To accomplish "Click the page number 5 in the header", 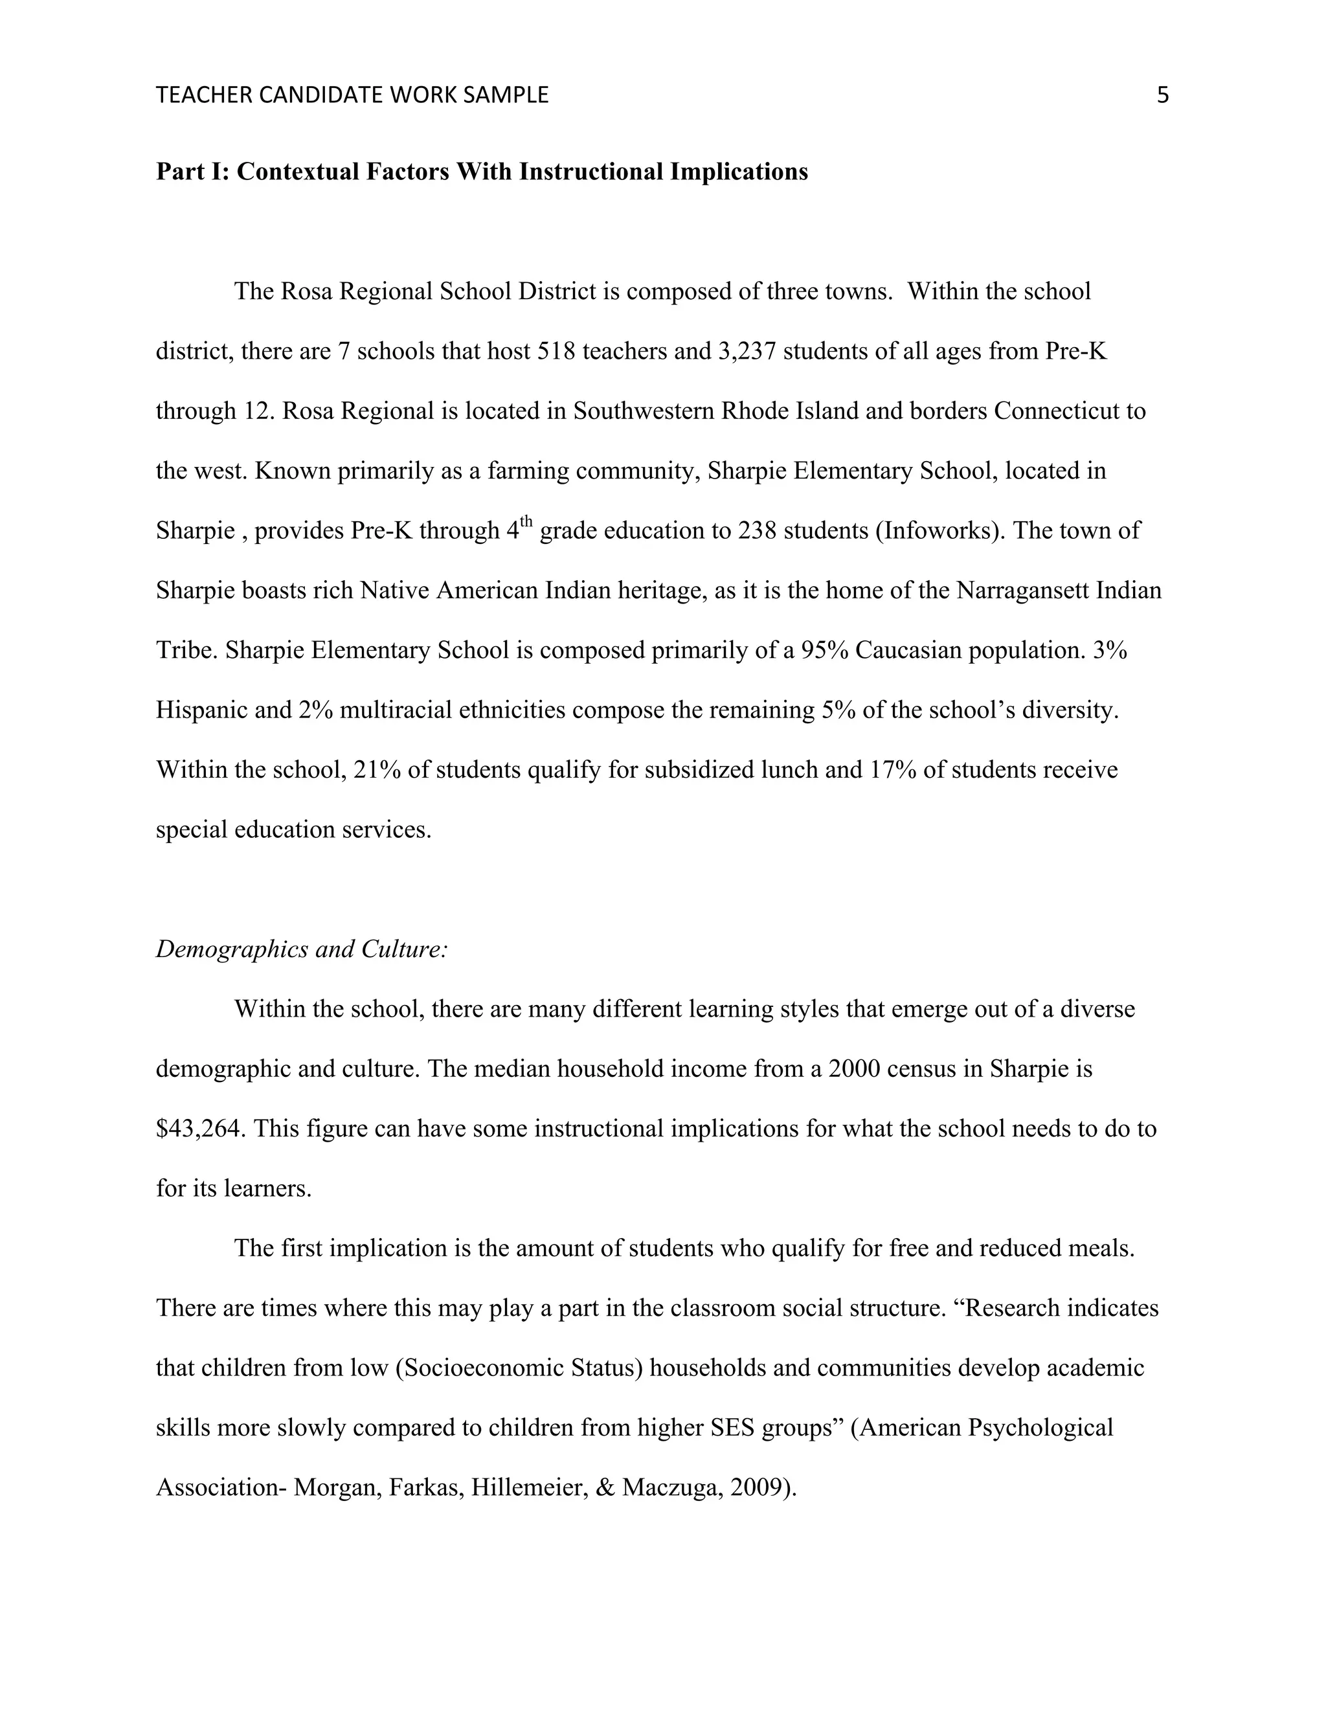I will [1163, 96].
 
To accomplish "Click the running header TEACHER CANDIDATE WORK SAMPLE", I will [352, 96].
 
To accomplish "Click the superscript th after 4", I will [526, 523].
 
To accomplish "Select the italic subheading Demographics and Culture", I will [302, 949].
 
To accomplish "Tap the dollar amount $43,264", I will [201, 1129].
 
